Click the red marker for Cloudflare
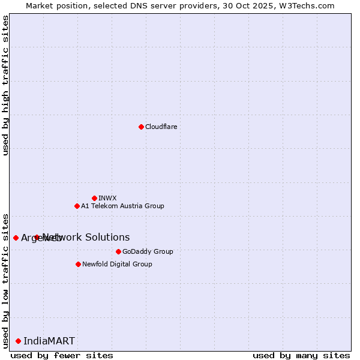tap(141, 127)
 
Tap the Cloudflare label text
tap(161, 127)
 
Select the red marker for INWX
tap(94, 198)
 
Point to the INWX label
tap(107, 198)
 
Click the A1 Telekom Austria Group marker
tap(77, 206)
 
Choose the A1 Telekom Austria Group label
tap(122, 206)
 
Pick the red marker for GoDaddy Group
tap(118, 251)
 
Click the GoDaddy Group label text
tap(148, 251)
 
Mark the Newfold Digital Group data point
tap(78, 264)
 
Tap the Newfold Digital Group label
tap(117, 264)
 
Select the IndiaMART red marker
tap(18, 341)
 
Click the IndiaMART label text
tap(49, 341)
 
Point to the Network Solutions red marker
tap(37, 237)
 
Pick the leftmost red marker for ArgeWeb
tap(16, 238)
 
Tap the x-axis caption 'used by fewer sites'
tap(62, 355)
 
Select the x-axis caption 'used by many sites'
tap(301, 355)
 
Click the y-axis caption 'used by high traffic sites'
tap(5, 85)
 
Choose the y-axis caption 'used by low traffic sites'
tap(5, 280)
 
